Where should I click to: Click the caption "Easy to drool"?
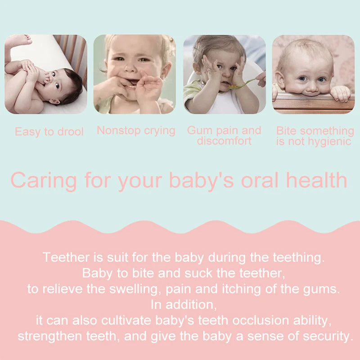pos(49,132)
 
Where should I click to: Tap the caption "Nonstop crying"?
pos(136,130)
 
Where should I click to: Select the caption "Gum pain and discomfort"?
pos(224,135)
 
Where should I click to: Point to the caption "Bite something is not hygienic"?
pos(315,136)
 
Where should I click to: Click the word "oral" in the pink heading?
pos(261,180)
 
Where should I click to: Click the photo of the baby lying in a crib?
pos(45,74)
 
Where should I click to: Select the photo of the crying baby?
pos(134,74)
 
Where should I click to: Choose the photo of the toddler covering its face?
pos(224,74)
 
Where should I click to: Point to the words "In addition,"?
pos(184,305)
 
